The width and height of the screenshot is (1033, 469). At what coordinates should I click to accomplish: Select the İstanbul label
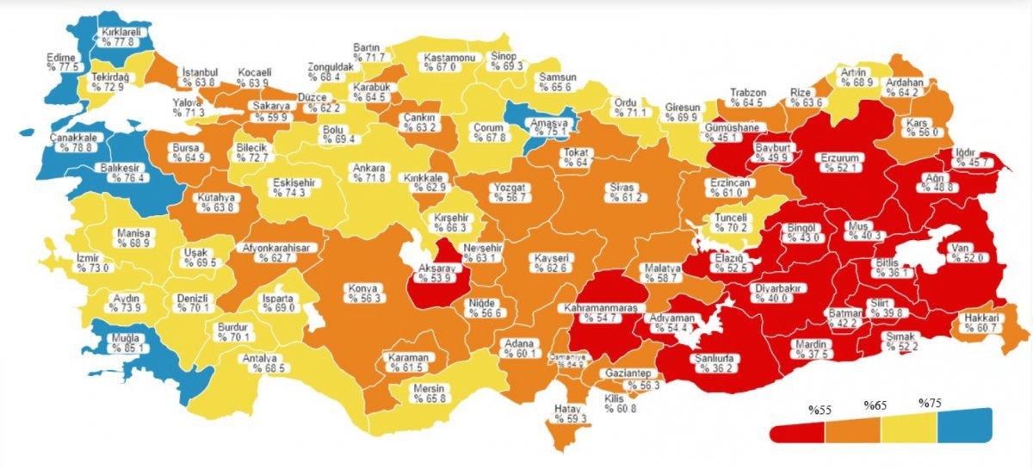point(199,71)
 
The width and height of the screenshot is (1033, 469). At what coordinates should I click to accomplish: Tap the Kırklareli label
point(120,30)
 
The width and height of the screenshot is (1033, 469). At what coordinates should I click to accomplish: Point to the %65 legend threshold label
point(875,403)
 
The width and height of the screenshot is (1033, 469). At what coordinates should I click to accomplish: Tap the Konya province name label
point(362,288)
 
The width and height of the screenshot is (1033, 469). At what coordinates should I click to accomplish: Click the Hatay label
point(572,408)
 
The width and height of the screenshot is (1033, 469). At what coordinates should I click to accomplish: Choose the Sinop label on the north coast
point(504,56)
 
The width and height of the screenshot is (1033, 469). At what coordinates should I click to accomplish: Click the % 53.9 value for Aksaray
point(435,278)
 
